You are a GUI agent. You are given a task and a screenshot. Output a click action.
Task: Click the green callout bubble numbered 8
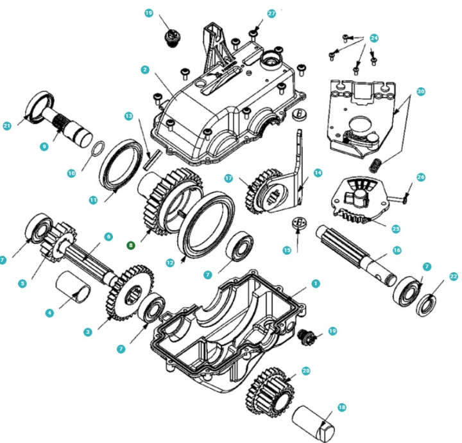(x=131, y=245)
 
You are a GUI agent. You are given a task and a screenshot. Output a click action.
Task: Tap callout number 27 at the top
(x=271, y=13)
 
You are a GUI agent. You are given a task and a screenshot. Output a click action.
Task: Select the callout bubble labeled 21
(x=8, y=126)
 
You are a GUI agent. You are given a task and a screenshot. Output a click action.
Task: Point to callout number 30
(x=421, y=92)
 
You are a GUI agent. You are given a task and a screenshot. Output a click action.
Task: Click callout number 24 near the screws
(x=374, y=39)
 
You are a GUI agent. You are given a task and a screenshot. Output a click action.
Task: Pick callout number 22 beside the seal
(x=454, y=276)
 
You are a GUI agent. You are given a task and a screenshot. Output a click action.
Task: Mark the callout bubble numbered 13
(x=128, y=116)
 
